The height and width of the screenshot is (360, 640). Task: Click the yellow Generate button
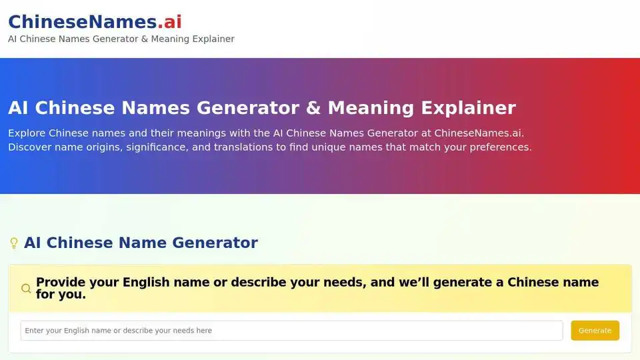[x=595, y=331]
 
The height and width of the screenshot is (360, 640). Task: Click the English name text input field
[x=291, y=331]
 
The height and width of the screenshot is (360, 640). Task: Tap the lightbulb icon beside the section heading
[x=13, y=243]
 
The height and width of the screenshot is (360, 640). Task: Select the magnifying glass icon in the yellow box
[x=26, y=289]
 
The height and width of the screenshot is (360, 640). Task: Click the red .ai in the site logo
[x=169, y=21]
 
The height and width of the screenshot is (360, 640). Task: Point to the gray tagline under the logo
[x=121, y=39]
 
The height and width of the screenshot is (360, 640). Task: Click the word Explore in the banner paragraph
[x=27, y=133]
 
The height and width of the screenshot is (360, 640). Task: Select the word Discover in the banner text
[x=31, y=147]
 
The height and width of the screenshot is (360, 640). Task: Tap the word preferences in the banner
[x=497, y=147]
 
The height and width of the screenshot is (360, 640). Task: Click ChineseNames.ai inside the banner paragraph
[x=478, y=133]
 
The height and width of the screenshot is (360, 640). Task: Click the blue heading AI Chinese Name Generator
[x=141, y=243]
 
